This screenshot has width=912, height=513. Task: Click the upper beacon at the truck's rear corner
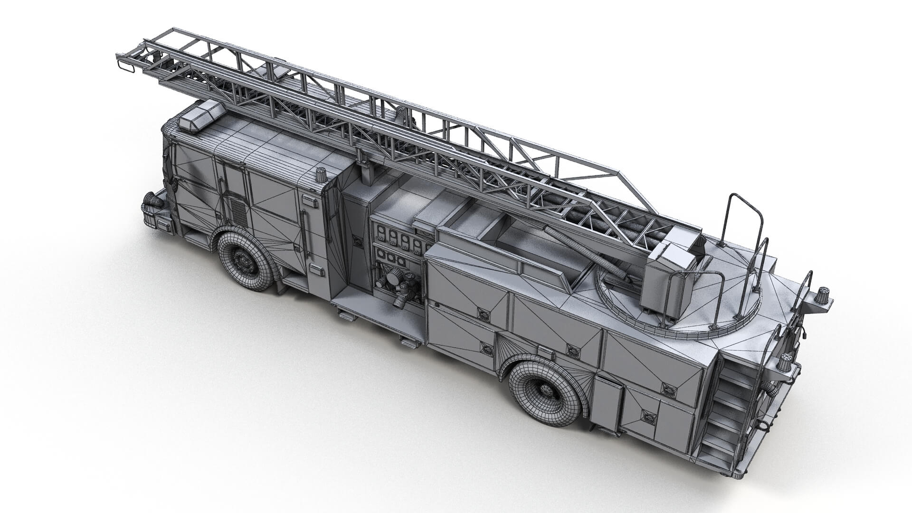(x=823, y=295)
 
